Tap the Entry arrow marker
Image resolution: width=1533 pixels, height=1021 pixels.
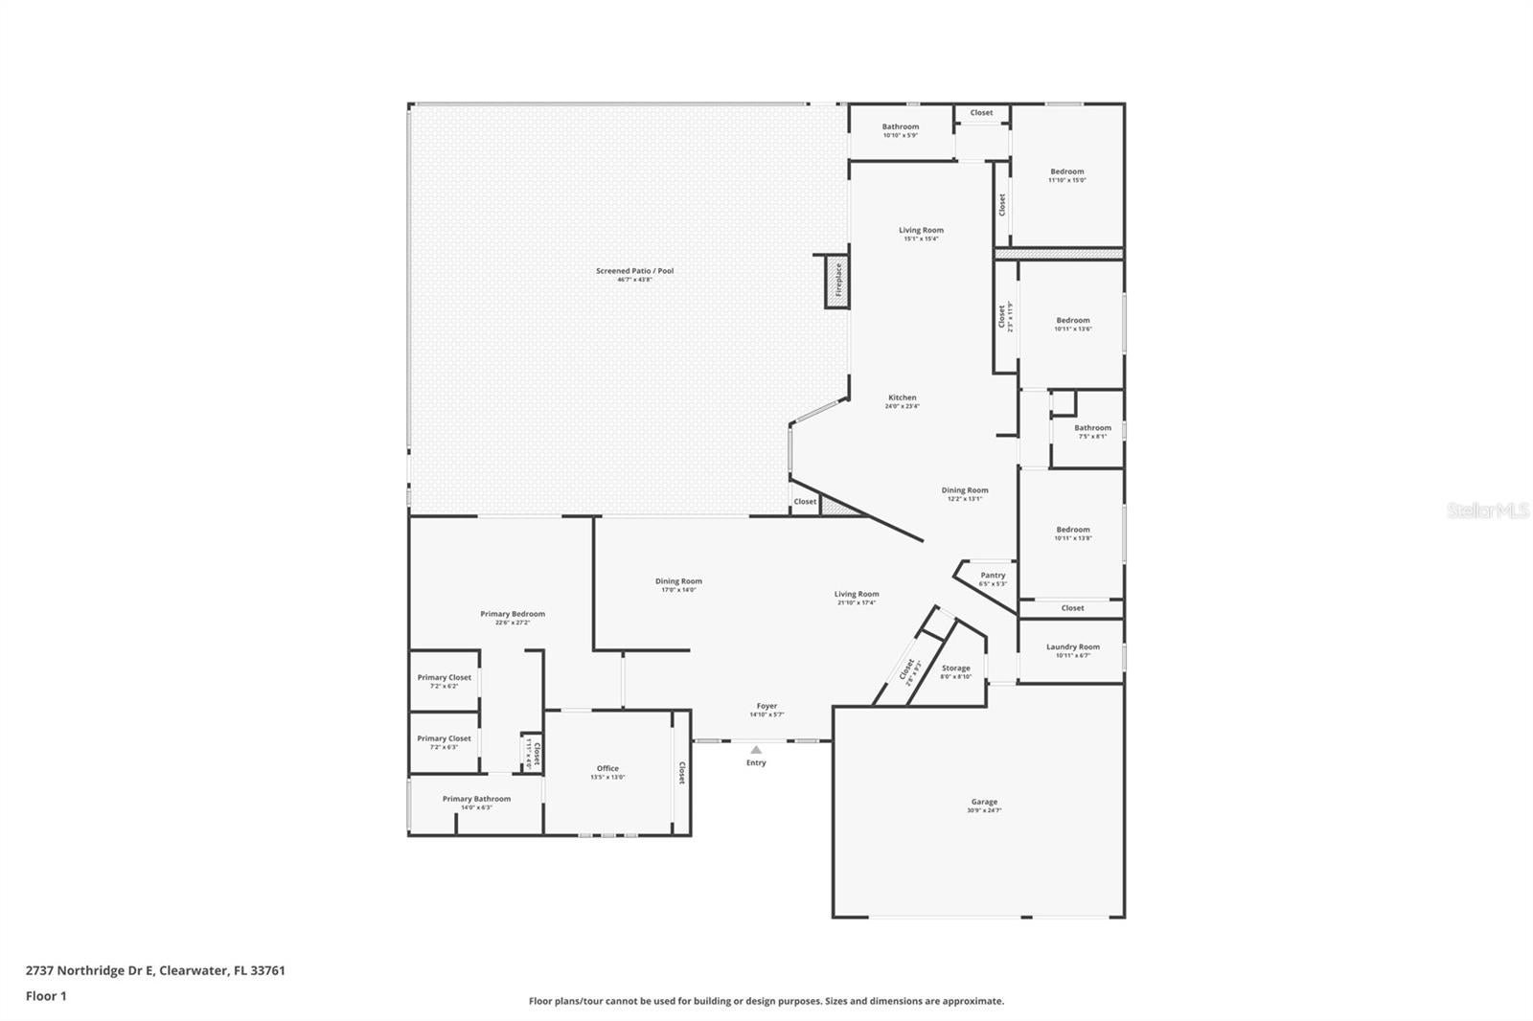[756, 750]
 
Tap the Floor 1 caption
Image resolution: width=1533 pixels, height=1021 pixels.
[46, 996]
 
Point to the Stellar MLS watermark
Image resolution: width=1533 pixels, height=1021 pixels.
[1488, 511]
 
